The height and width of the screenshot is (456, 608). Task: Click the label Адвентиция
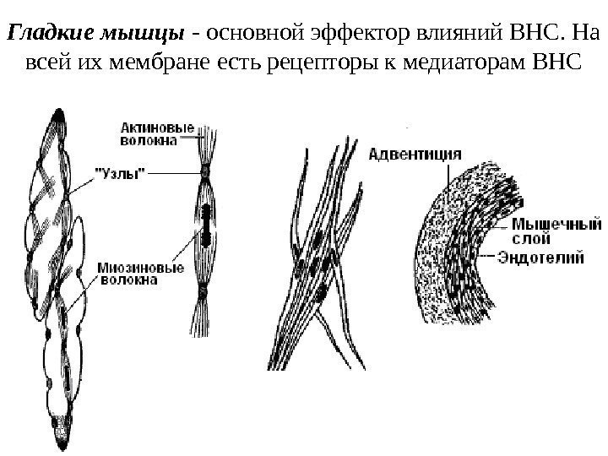point(414,154)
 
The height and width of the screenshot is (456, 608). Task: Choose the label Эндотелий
point(540,258)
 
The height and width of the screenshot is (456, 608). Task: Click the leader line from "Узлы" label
point(173,173)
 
